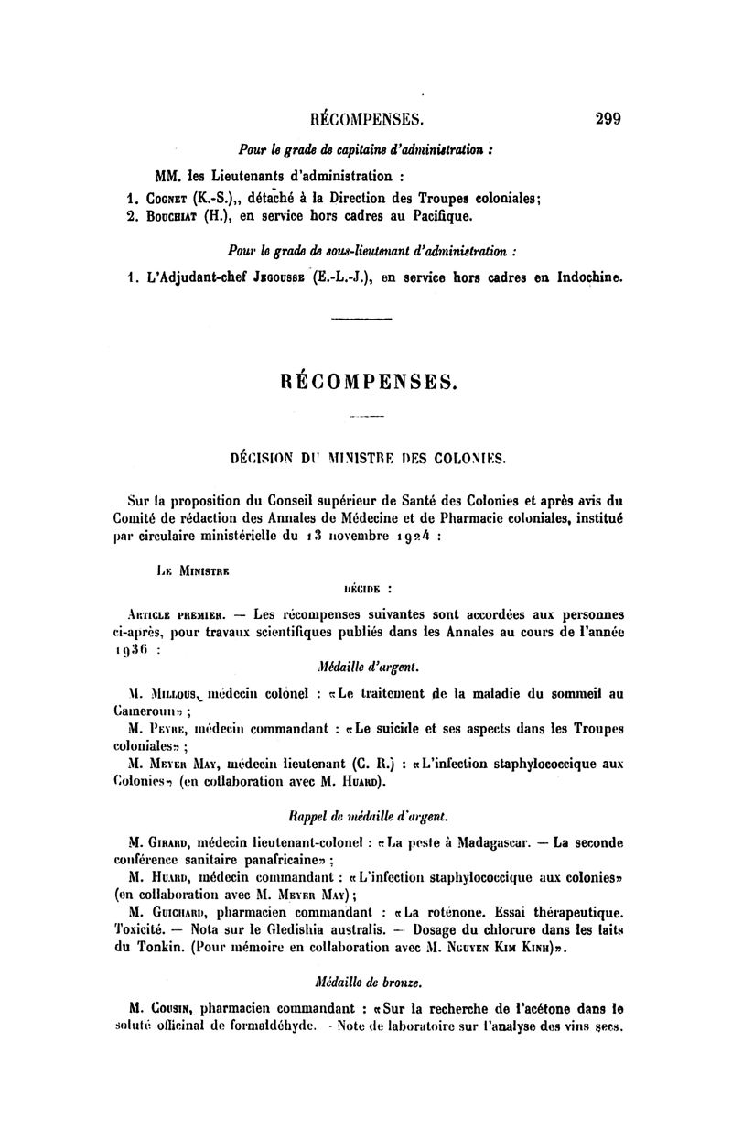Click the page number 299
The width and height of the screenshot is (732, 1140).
click(608, 117)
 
